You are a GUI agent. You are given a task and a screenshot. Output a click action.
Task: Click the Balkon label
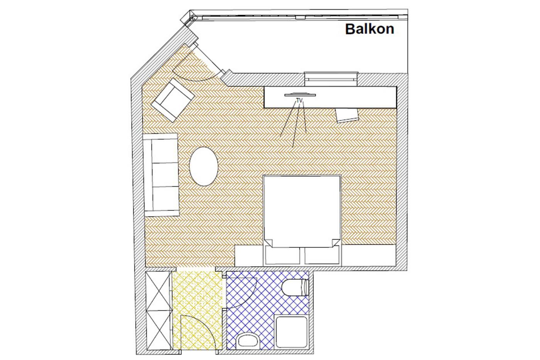370,29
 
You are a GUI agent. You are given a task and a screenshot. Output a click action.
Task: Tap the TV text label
299,100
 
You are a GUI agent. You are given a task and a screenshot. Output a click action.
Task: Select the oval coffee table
204,166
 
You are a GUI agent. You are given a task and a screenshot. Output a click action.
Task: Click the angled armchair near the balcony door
173,100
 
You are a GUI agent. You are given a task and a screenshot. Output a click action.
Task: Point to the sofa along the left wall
161,174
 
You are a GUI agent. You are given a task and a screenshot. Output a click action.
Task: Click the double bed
302,211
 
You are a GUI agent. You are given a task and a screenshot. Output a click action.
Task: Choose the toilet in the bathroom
295,287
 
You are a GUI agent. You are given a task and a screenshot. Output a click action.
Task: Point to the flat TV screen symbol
300,95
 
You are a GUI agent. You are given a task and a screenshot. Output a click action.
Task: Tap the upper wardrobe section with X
158,291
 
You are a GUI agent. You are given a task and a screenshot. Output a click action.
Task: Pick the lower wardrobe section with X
159,330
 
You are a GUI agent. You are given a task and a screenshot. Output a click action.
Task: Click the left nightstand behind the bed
282,255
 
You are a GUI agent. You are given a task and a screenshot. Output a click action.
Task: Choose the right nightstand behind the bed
322,255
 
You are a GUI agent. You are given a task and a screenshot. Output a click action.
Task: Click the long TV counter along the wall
330,97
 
